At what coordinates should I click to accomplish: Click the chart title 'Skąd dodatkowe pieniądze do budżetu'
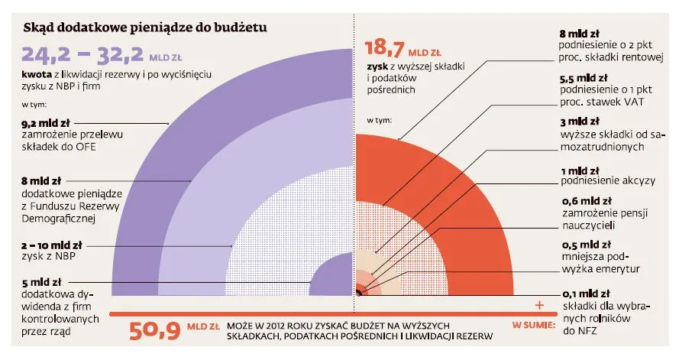point(144,30)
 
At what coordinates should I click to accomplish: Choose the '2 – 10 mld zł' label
point(51,245)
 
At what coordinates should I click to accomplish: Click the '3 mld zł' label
point(580,122)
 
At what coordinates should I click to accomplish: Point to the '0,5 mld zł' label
point(584,245)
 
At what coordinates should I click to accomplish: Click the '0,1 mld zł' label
point(584,294)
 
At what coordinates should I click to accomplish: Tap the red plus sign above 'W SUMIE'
point(540,305)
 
